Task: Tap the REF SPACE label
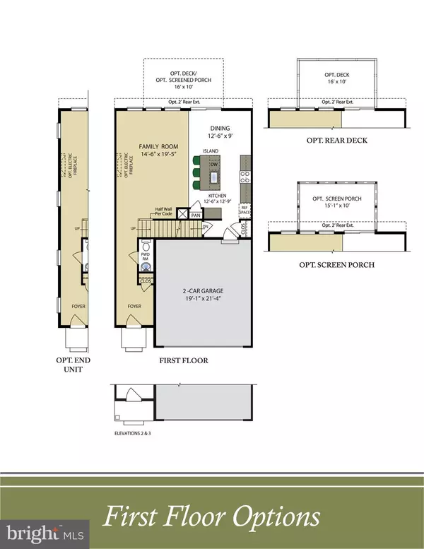[x=245, y=210]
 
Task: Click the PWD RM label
[x=146, y=259]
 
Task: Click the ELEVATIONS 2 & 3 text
[x=134, y=433]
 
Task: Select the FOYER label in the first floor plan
[x=135, y=307]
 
